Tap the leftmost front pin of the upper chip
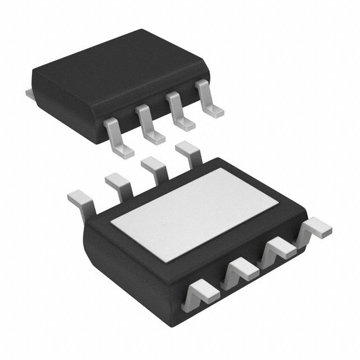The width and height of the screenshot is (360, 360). pos(119,135)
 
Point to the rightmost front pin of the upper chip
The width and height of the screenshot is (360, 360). pos(209,101)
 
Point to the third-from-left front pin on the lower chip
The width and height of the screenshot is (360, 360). pos(278,247)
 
